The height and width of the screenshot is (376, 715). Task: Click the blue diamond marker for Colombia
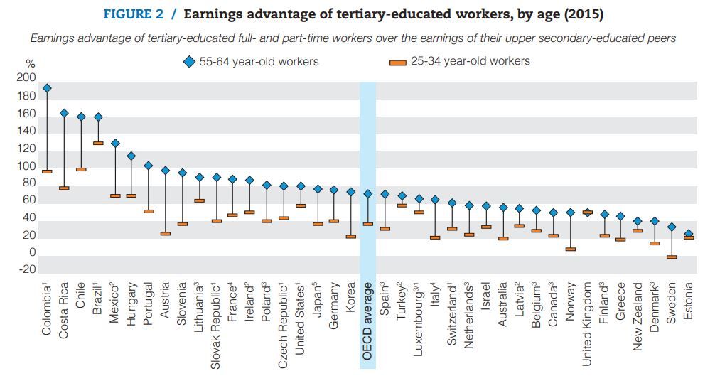click(x=47, y=89)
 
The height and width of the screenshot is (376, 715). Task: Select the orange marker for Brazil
click(x=98, y=144)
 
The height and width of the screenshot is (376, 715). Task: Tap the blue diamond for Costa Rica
click(x=64, y=113)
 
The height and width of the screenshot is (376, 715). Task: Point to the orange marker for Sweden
click(x=672, y=257)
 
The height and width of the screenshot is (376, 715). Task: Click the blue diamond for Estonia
click(x=688, y=233)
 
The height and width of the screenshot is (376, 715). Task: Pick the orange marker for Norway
click(x=570, y=249)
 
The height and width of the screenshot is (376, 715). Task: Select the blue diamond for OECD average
click(x=367, y=193)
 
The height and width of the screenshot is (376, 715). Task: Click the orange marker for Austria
click(x=165, y=234)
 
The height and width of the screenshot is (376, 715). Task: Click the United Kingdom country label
click(x=587, y=324)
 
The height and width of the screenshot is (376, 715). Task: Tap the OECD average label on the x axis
click(x=367, y=321)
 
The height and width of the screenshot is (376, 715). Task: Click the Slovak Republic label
click(x=216, y=326)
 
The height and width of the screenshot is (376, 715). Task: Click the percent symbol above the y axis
click(x=30, y=65)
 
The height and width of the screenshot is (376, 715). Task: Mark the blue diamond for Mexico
click(x=115, y=144)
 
